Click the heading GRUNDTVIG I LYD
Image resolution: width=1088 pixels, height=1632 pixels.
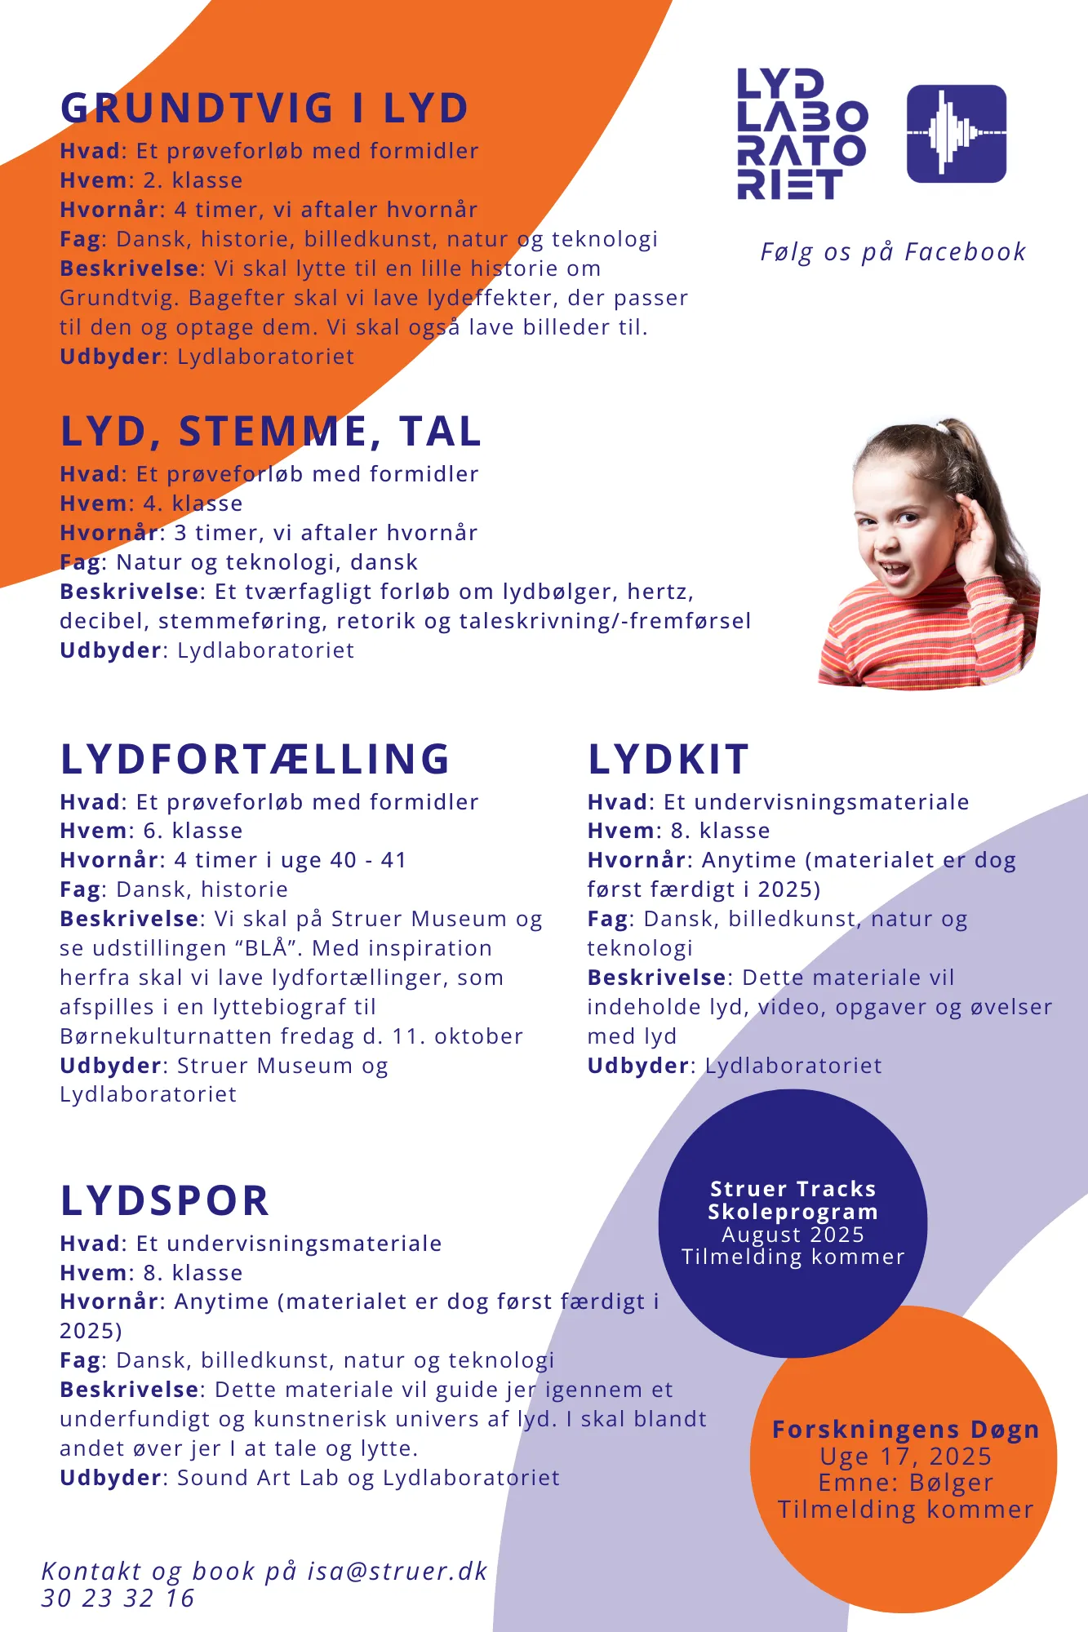tap(264, 109)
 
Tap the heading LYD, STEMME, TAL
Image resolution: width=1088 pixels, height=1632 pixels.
tap(270, 432)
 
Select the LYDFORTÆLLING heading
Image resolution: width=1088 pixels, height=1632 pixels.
tap(255, 759)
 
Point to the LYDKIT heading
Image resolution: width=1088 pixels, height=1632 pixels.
tap(668, 760)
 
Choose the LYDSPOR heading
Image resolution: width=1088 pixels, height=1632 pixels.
tap(165, 1201)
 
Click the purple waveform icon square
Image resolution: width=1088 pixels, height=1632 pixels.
tap(956, 134)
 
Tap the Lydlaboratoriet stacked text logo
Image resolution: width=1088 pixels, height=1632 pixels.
tap(801, 135)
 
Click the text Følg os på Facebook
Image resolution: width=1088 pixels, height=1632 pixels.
tap(893, 252)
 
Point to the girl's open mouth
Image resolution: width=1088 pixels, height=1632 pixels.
tap(895, 570)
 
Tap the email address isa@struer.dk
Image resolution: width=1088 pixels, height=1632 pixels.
tap(397, 1572)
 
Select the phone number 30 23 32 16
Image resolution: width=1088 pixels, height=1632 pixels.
tap(118, 1599)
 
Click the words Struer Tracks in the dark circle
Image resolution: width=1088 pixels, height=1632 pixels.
tap(793, 1189)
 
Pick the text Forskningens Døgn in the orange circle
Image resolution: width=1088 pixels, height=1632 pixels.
tap(905, 1430)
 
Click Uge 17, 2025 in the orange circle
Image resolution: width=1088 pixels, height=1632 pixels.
tap(905, 1457)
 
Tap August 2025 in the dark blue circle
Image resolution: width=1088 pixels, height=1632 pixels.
tap(793, 1235)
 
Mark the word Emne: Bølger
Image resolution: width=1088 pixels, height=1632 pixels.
tap(905, 1483)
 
